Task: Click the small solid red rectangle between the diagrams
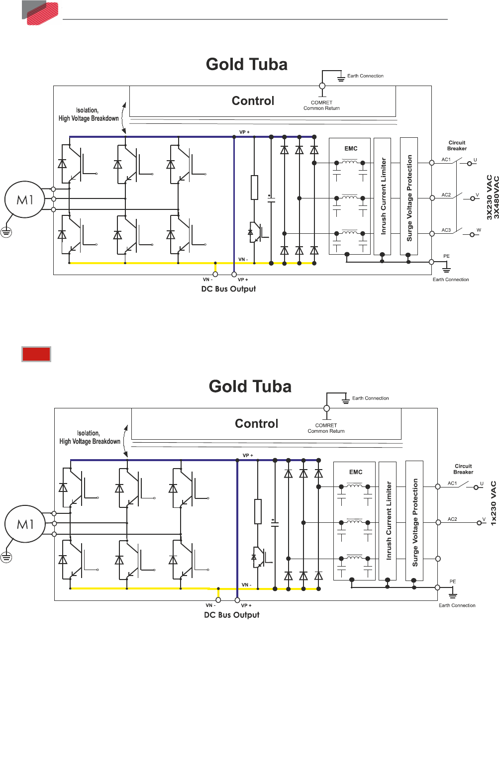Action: click(36, 354)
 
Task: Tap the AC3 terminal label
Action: click(446, 230)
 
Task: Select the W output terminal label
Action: click(479, 230)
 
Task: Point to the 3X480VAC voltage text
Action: click(496, 197)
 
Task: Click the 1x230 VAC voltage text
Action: click(493, 503)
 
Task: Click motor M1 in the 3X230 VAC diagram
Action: click(24, 199)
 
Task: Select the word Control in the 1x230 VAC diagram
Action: click(256, 423)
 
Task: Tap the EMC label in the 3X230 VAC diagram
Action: click(351, 148)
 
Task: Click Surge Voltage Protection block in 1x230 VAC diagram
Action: click(415, 522)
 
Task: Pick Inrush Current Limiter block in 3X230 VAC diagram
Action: click(383, 196)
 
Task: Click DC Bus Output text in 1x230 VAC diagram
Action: click(232, 615)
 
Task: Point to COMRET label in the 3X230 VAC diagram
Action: click(321, 102)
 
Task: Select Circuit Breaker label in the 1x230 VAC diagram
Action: click(463, 469)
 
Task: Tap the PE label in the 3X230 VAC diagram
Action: click(446, 256)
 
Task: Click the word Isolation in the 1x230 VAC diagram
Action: click(88, 433)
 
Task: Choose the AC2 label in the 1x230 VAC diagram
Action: click(452, 519)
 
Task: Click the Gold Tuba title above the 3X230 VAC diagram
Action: click(247, 64)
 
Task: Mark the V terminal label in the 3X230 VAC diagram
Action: click(477, 195)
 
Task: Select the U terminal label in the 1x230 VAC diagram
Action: click(482, 484)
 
